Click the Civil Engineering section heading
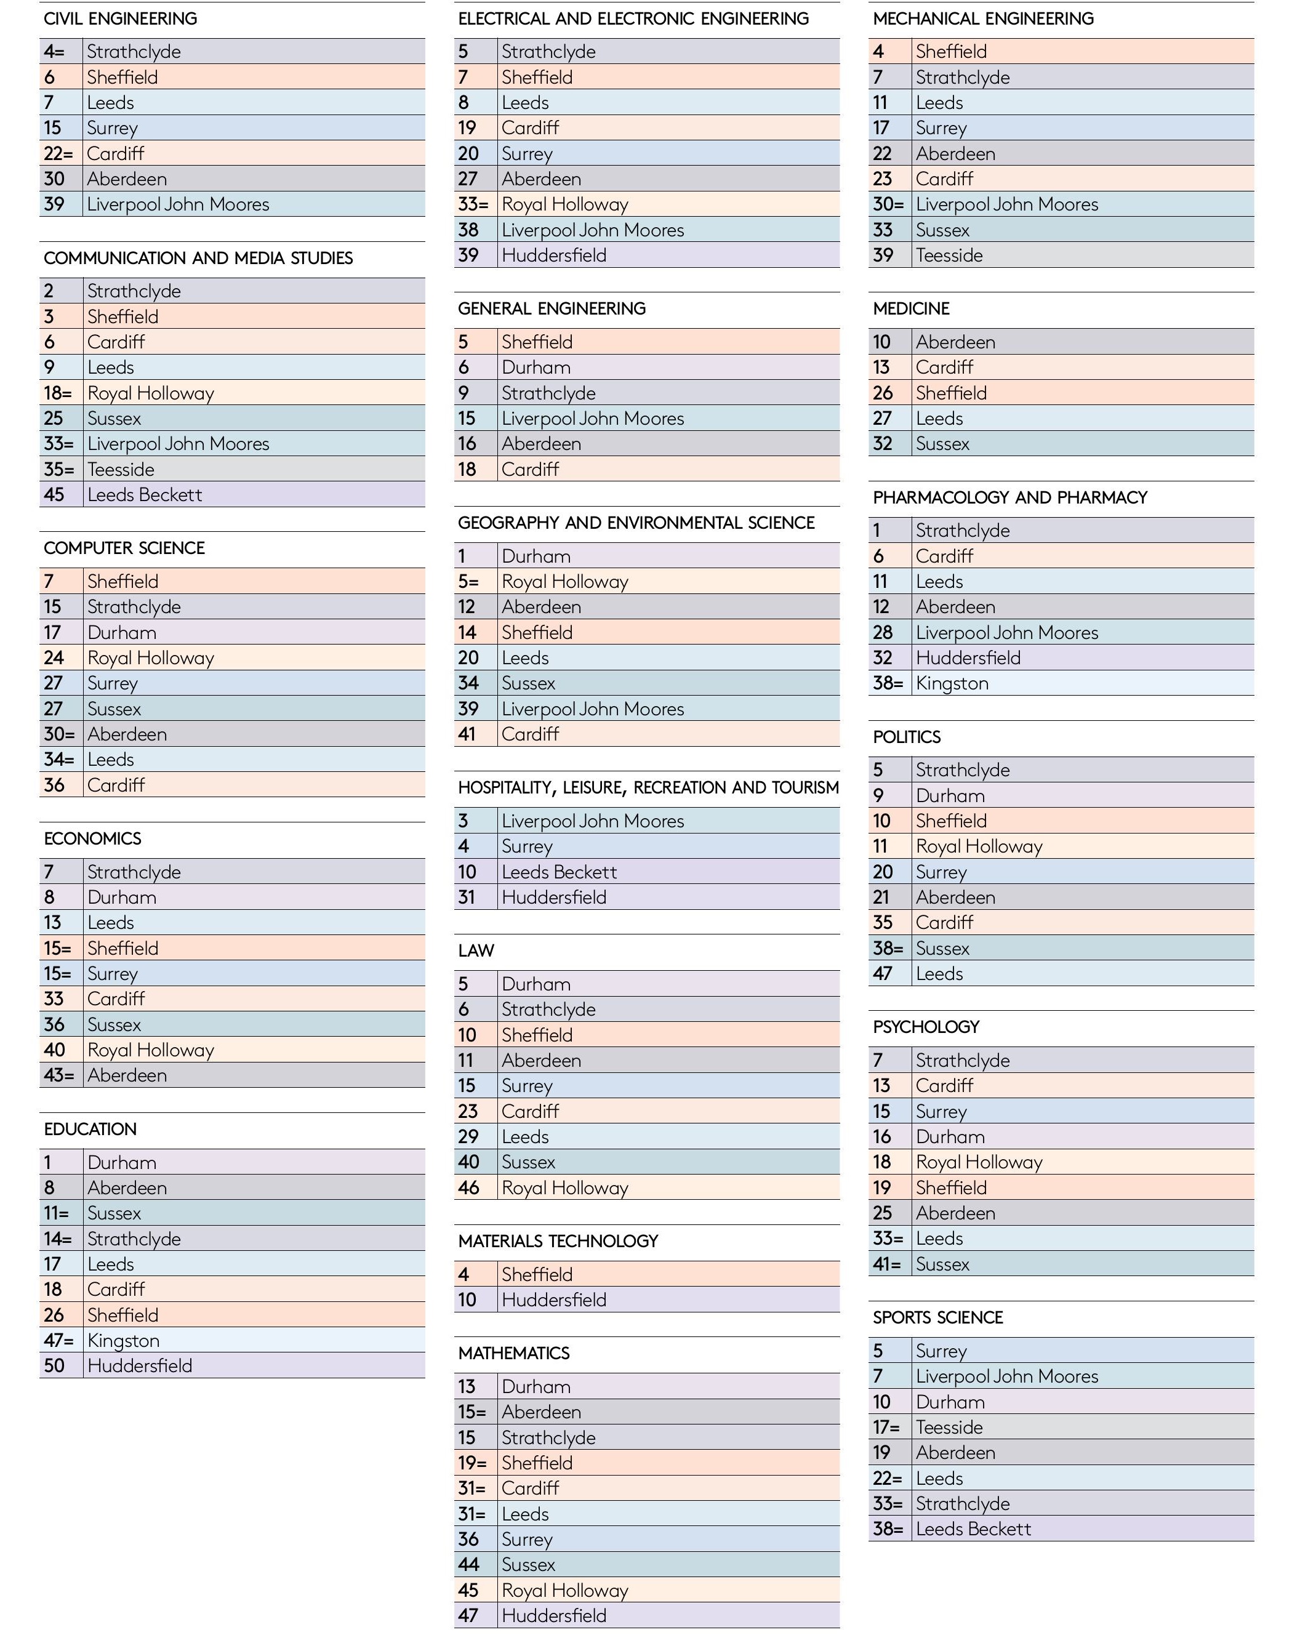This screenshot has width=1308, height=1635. click(x=121, y=19)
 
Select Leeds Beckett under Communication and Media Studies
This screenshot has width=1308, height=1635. click(x=145, y=495)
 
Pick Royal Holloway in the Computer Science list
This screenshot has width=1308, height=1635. click(x=151, y=658)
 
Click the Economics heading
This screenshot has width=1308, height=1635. click(x=92, y=838)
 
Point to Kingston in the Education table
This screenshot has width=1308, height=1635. click(x=123, y=1341)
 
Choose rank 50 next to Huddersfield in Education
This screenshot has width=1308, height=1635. click(x=54, y=1367)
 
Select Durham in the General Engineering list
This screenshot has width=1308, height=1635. click(x=536, y=368)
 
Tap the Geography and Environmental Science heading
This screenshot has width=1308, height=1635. click(x=636, y=523)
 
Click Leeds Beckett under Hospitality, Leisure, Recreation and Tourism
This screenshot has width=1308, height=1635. click(x=559, y=872)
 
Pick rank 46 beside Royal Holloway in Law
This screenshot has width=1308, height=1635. click(x=468, y=1188)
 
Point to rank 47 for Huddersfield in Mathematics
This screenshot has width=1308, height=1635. click(x=468, y=1616)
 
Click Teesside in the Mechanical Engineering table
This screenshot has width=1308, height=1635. click(x=949, y=255)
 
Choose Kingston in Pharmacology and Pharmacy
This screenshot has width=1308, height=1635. click(x=952, y=684)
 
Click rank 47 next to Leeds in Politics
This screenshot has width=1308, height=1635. click(x=883, y=974)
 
